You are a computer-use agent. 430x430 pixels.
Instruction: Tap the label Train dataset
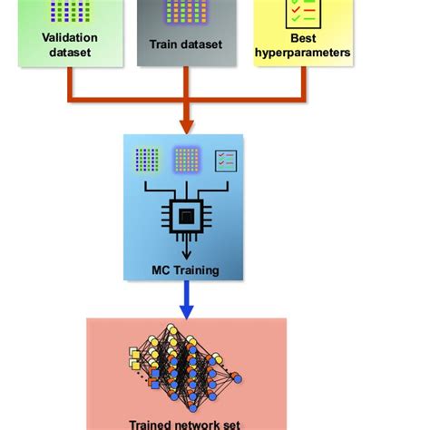[x=185, y=44]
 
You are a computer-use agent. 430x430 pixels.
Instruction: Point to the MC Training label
[x=185, y=269]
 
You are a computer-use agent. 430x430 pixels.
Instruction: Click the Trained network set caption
[x=186, y=423]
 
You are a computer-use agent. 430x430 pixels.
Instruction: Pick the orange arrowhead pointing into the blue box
[x=186, y=124]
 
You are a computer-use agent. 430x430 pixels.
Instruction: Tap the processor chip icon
[x=184, y=216]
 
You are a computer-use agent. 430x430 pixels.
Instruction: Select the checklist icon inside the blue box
[x=225, y=161]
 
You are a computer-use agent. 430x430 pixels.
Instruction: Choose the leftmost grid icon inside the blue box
[x=146, y=160]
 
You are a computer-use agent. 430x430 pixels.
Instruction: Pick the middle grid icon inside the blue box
[x=186, y=160]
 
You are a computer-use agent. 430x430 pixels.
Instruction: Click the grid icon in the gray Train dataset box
[x=185, y=12]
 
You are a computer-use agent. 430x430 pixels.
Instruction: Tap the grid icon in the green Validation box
[x=69, y=10]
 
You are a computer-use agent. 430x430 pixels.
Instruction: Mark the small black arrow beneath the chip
[x=184, y=251]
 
